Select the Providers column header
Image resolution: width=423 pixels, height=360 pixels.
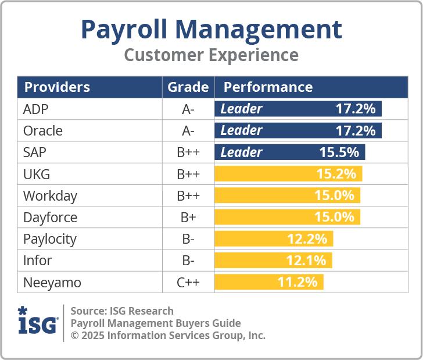pyautogui.click(x=57, y=87)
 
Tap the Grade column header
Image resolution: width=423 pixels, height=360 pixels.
pyautogui.click(x=188, y=87)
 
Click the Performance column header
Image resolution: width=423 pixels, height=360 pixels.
pyautogui.click(x=268, y=87)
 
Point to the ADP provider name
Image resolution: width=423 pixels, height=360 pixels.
pyautogui.click(x=36, y=109)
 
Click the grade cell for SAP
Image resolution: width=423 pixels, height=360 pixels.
pyautogui.click(x=188, y=152)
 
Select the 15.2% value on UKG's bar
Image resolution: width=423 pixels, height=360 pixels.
pyautogui.click(x=335, y=174)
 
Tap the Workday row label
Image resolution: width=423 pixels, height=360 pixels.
pyautogui.click(x=50, y=196)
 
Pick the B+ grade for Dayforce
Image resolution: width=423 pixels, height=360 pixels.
pyautogui.click(x=188, y=218)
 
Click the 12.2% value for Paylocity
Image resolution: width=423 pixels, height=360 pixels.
pyautogui.click(x=307, y=239)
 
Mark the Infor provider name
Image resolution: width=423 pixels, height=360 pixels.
pyautogui.click(x=37, y=261)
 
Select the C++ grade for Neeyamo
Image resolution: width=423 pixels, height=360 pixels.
pyautogui.click(x=188, y=283)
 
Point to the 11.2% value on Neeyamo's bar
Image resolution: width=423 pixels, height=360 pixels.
pyautogui.click(x=297, y=283)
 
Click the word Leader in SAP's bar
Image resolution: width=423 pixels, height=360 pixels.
pyautogui.click(x=242, y=152)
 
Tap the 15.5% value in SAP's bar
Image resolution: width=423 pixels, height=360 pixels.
pyautogui.click(x=339, y=152)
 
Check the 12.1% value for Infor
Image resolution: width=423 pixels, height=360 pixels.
pyautogui.click(x=306, y=261)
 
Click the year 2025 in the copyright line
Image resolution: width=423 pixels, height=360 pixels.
pyautogui.click(x=92, y=336)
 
